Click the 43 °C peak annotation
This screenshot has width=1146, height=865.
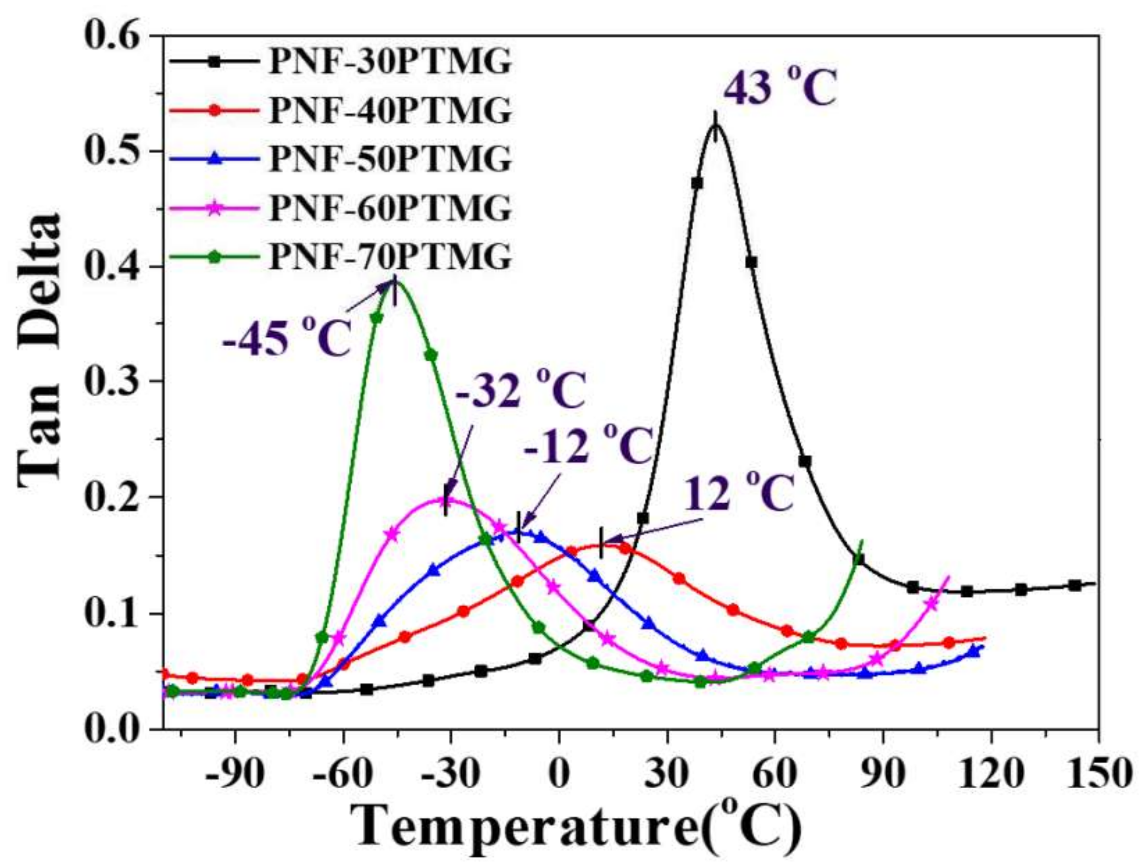click(x=780, y=89)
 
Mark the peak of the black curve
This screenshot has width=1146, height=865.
click(x=716, y=124)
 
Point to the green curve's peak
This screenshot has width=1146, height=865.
click(x=395, y=282)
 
